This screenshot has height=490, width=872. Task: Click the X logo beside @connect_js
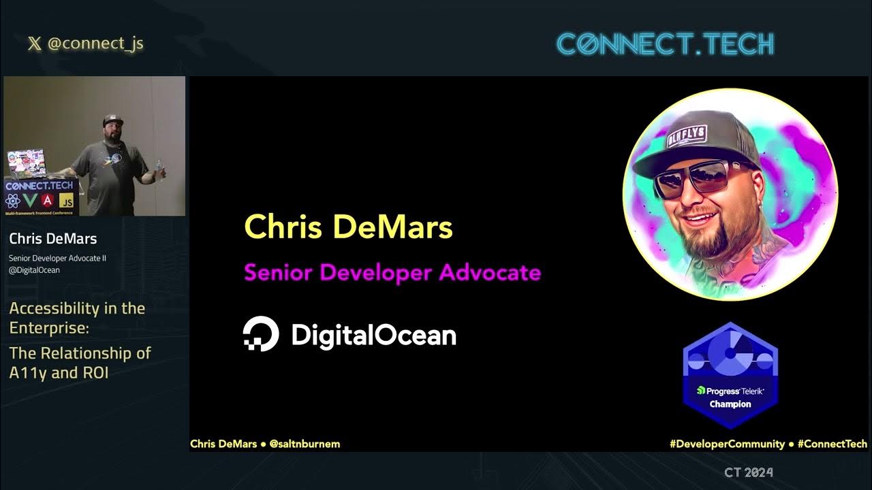[x=34, y=44]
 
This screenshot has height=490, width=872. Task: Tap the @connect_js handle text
[x=95, y=44]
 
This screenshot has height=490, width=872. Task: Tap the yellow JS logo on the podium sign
[x=66, y=201]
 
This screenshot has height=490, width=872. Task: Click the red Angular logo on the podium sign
[x=48, y=201]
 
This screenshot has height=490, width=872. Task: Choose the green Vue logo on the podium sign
[x=30, y=201]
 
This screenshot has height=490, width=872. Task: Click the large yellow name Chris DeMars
[x=348, y=227]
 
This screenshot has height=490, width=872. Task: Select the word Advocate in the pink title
[x=490, y=273]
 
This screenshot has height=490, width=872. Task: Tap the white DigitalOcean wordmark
[x=373, y=336]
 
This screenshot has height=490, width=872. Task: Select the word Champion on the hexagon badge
[x=730, y=404]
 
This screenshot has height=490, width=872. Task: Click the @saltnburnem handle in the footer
[x=305, y=444]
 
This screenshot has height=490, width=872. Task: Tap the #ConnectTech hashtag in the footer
[x=832, y=444]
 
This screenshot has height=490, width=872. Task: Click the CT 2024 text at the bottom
[x=748, y=472]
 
